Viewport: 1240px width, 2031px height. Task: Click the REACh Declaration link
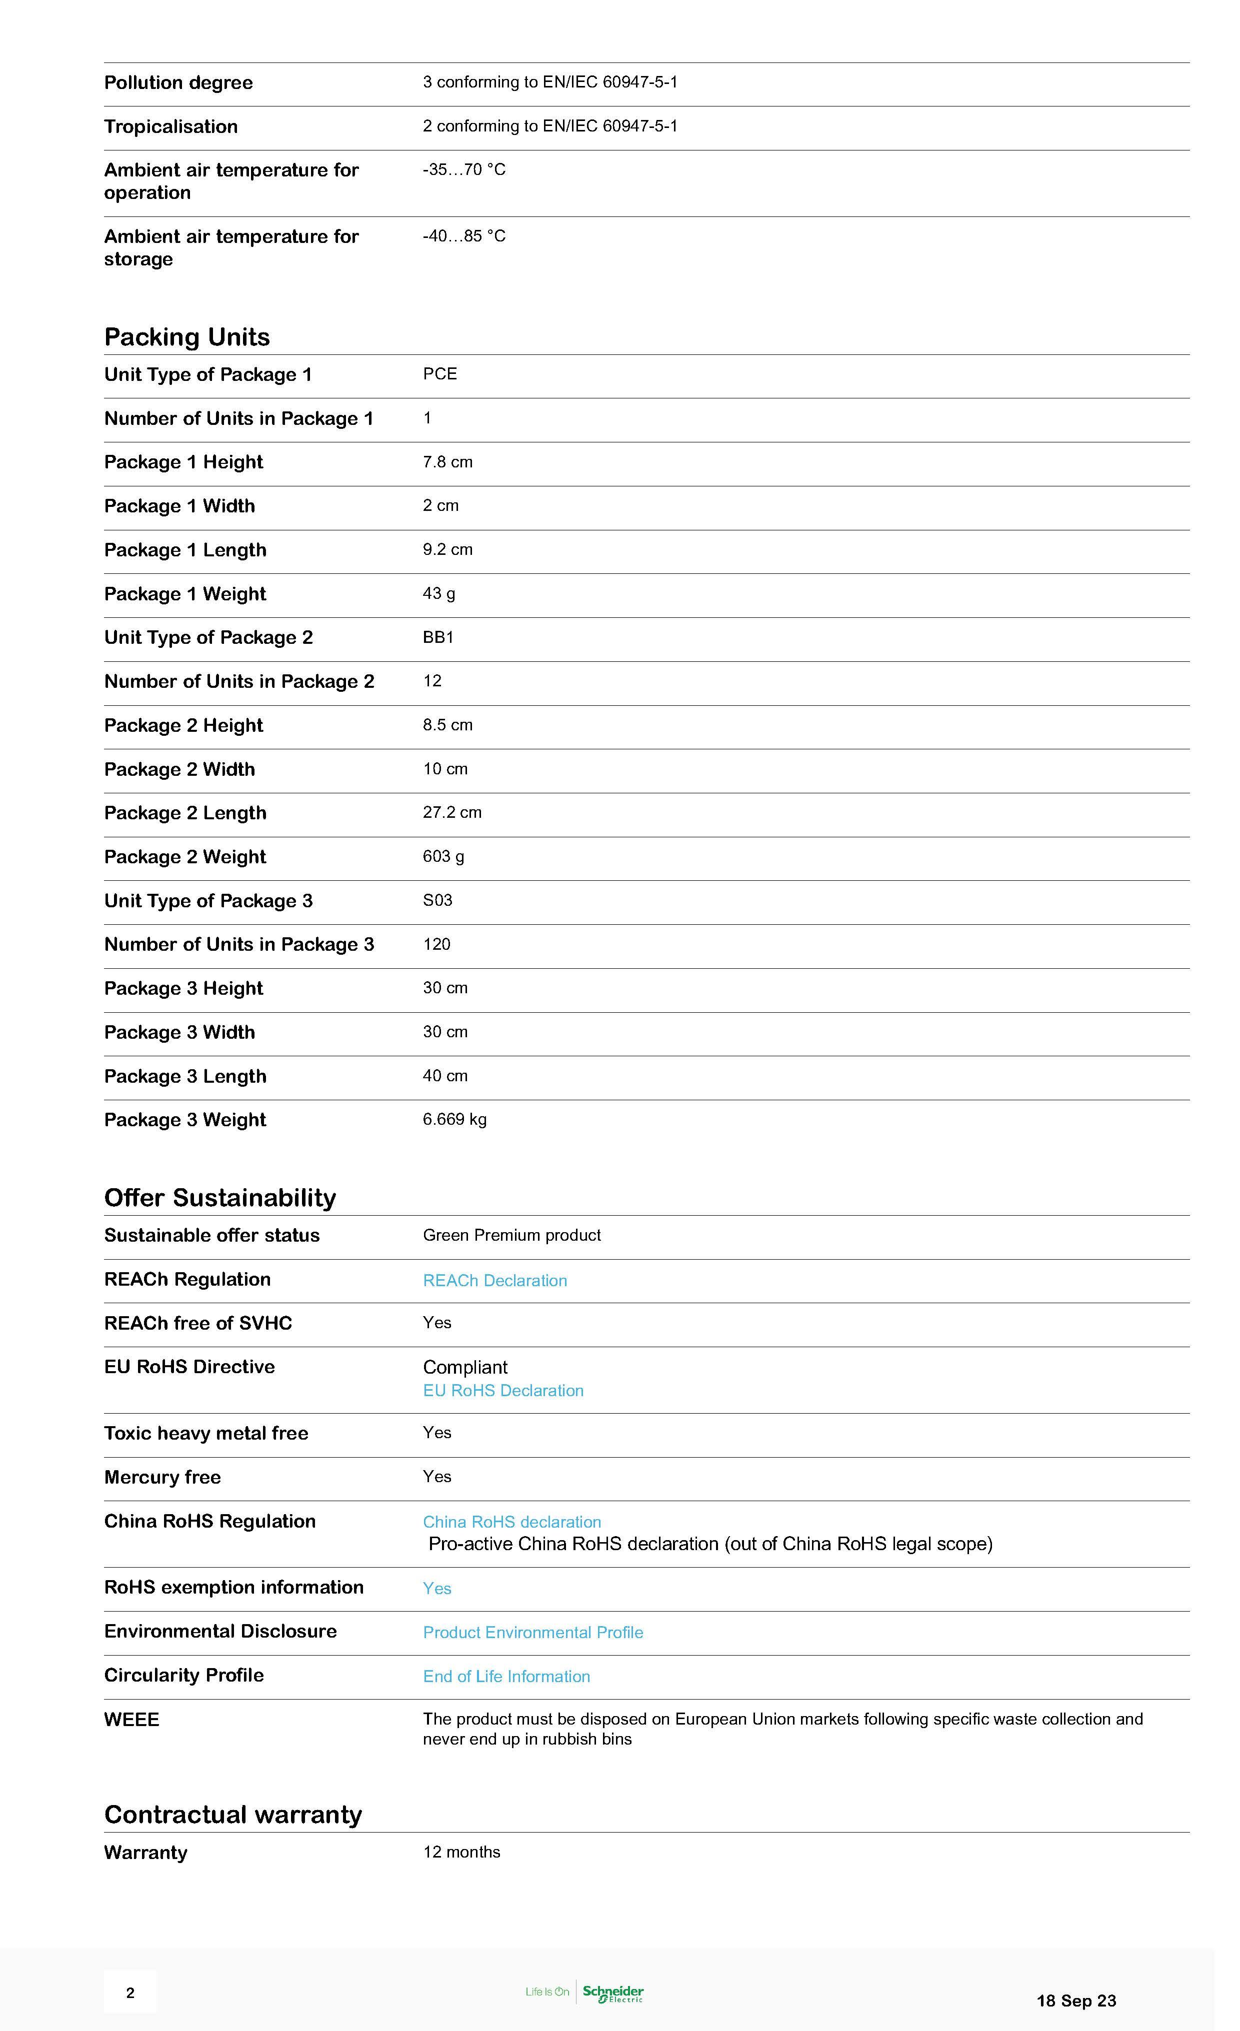click(494, 1280)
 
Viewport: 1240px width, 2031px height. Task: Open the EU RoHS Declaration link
click(503, 1391)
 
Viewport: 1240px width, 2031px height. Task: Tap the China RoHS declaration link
click(511, 1522)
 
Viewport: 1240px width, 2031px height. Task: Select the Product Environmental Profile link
click(532, 1632)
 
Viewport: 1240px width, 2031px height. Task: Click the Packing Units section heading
click(187, 337)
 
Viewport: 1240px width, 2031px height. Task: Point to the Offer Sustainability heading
click(220, 1198)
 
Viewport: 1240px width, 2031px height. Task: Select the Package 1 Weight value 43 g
click(438, 593)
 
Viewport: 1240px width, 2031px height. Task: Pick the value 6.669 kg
click(454, 1119)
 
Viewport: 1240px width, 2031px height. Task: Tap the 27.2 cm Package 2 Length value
click(452, 813)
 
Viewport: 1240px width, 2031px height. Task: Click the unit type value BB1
click(438, 637)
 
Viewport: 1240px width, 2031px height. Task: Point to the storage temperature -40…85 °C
click(464, 236)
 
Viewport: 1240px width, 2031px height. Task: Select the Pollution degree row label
click(178, 82)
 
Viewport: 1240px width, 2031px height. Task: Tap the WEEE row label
click(131, 1720)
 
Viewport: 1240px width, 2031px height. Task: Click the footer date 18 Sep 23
click(1076, 2001)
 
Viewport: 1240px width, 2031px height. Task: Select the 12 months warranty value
click(461, 1852)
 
